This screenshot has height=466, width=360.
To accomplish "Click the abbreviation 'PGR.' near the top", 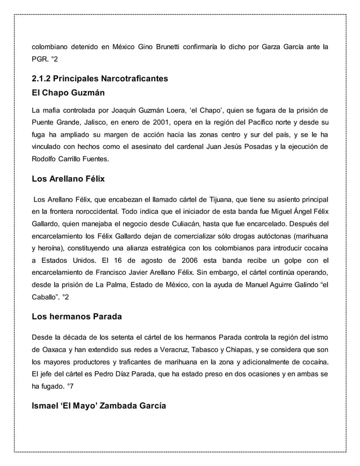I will (39, 59).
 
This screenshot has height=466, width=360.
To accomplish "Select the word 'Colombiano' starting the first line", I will (52, 46).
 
